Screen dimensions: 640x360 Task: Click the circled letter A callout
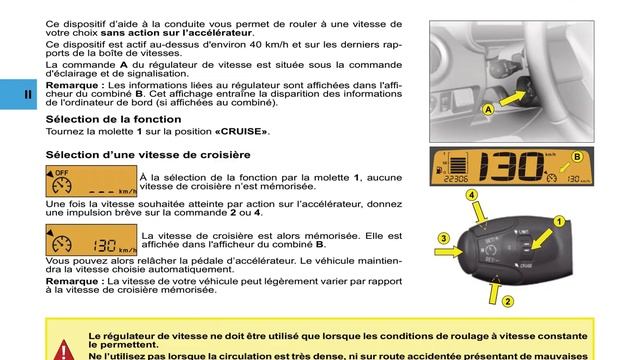pyautogui.click(x=488, y=109)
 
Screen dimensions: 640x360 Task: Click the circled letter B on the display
pyautogui.click(x=577, y=157)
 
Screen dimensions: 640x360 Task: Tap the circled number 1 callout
pyautogui.click(x=559, y=221)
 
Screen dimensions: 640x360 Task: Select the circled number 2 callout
pyautogui.click(x=507, y=302)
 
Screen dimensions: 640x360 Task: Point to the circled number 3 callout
pyautogui.click(x=444, y=238)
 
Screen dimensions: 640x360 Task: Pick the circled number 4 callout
pyautogui.click(x=471, y=195)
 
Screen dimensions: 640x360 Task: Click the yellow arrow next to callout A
pyautogui.click(x=513, y=98)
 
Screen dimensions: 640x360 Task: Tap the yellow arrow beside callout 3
pyautogui.click(x=449, y=251)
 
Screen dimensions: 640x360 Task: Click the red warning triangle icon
pyautogui.click(x=64, y=350)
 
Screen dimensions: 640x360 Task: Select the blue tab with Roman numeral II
pyautogui.click(x=18, y=94)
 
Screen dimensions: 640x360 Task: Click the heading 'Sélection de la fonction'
pyautogui.click(x=113, y=119)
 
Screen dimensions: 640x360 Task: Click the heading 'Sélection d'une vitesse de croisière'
pyautogui.click(x=148, y=155)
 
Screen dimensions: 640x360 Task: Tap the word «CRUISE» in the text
pyautogui.click(x=241, y=131)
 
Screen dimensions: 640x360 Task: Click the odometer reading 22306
pyautogui.click(x=456, y=179)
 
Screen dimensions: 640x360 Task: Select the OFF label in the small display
pyautogui.click(x=62, y=173)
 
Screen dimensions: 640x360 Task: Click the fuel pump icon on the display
pyautogui.click(x=439, y=169)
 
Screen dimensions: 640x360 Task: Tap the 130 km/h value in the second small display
pyautogui.click(x=115, y=246)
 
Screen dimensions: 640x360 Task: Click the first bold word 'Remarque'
pyautogui.click(x=72, y=85)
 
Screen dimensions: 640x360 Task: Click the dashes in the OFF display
pyautogui.click(x=102, y=192)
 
